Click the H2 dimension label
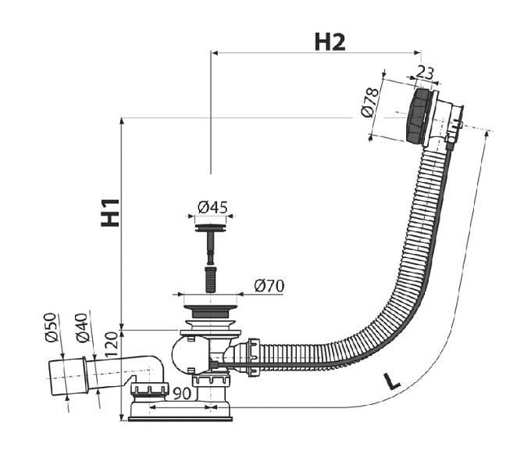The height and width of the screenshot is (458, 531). (330, 42)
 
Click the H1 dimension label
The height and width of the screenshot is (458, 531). (110, 213)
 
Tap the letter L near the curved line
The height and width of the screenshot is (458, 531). (392, 381)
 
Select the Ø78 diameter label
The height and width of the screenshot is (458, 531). (370, 102)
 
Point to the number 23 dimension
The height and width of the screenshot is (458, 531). (425, 72)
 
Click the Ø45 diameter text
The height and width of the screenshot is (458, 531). (212, 207)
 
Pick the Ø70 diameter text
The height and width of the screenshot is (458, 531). (269, 286)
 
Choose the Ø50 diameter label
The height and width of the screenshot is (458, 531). (50, 327)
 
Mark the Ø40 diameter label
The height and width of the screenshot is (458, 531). (82, 327)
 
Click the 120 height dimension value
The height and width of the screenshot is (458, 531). (112, 344)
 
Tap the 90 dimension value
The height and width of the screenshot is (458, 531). (182, 393)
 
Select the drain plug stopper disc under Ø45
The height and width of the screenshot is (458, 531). (211, 227)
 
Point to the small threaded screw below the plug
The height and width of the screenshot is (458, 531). (211, 280)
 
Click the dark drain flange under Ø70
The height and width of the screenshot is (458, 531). (210, 311)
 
